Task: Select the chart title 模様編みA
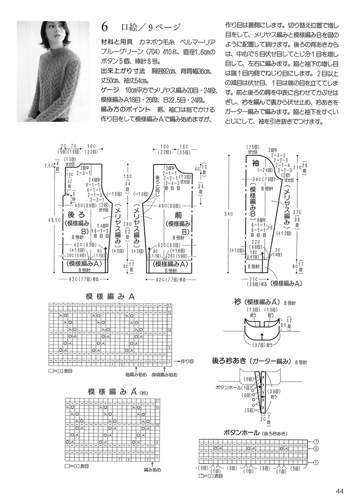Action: pyautogui.click(x=110, y=296)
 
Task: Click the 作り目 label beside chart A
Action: pyautogui.click(x=187, y=360)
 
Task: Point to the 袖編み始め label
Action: pyautogui.click(x=136, y=374)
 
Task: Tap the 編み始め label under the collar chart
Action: pyautogui.click(x=153, y=470)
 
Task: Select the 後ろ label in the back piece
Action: pyautogui.click(x=76, y=215)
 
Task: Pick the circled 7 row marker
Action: pyautogui.click(x=316, y=442)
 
